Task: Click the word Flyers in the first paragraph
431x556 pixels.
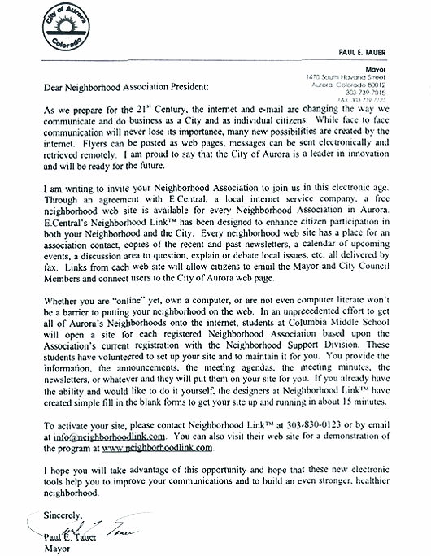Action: (78, 150)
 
